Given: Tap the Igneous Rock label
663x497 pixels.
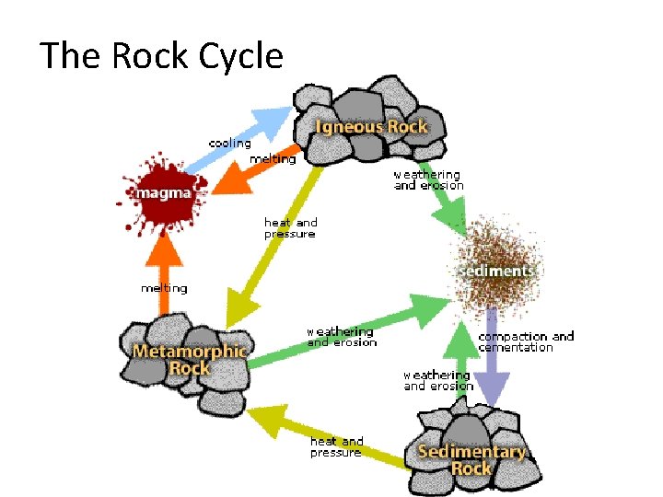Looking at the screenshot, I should [x=371, y=126].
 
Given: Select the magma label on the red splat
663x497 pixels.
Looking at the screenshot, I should [x=165, y=193].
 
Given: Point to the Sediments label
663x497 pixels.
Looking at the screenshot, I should [x=497, y=272].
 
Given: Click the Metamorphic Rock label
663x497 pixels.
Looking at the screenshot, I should [x=190, y=360].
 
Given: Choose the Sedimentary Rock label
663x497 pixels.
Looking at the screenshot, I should [x=471, y=459].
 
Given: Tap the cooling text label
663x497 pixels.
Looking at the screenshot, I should [x=229, y=144].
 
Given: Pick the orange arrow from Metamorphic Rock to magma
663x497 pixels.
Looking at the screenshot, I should [x=163, y=272].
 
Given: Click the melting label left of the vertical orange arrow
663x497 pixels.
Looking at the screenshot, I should [x=164, y=288].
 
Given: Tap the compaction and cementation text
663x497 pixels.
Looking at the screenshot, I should [x=526, y=341].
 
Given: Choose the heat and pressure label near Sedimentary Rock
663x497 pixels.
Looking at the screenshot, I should [x=337, y=446].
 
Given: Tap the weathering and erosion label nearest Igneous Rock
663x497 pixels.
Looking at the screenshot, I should [x=428, y=179].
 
